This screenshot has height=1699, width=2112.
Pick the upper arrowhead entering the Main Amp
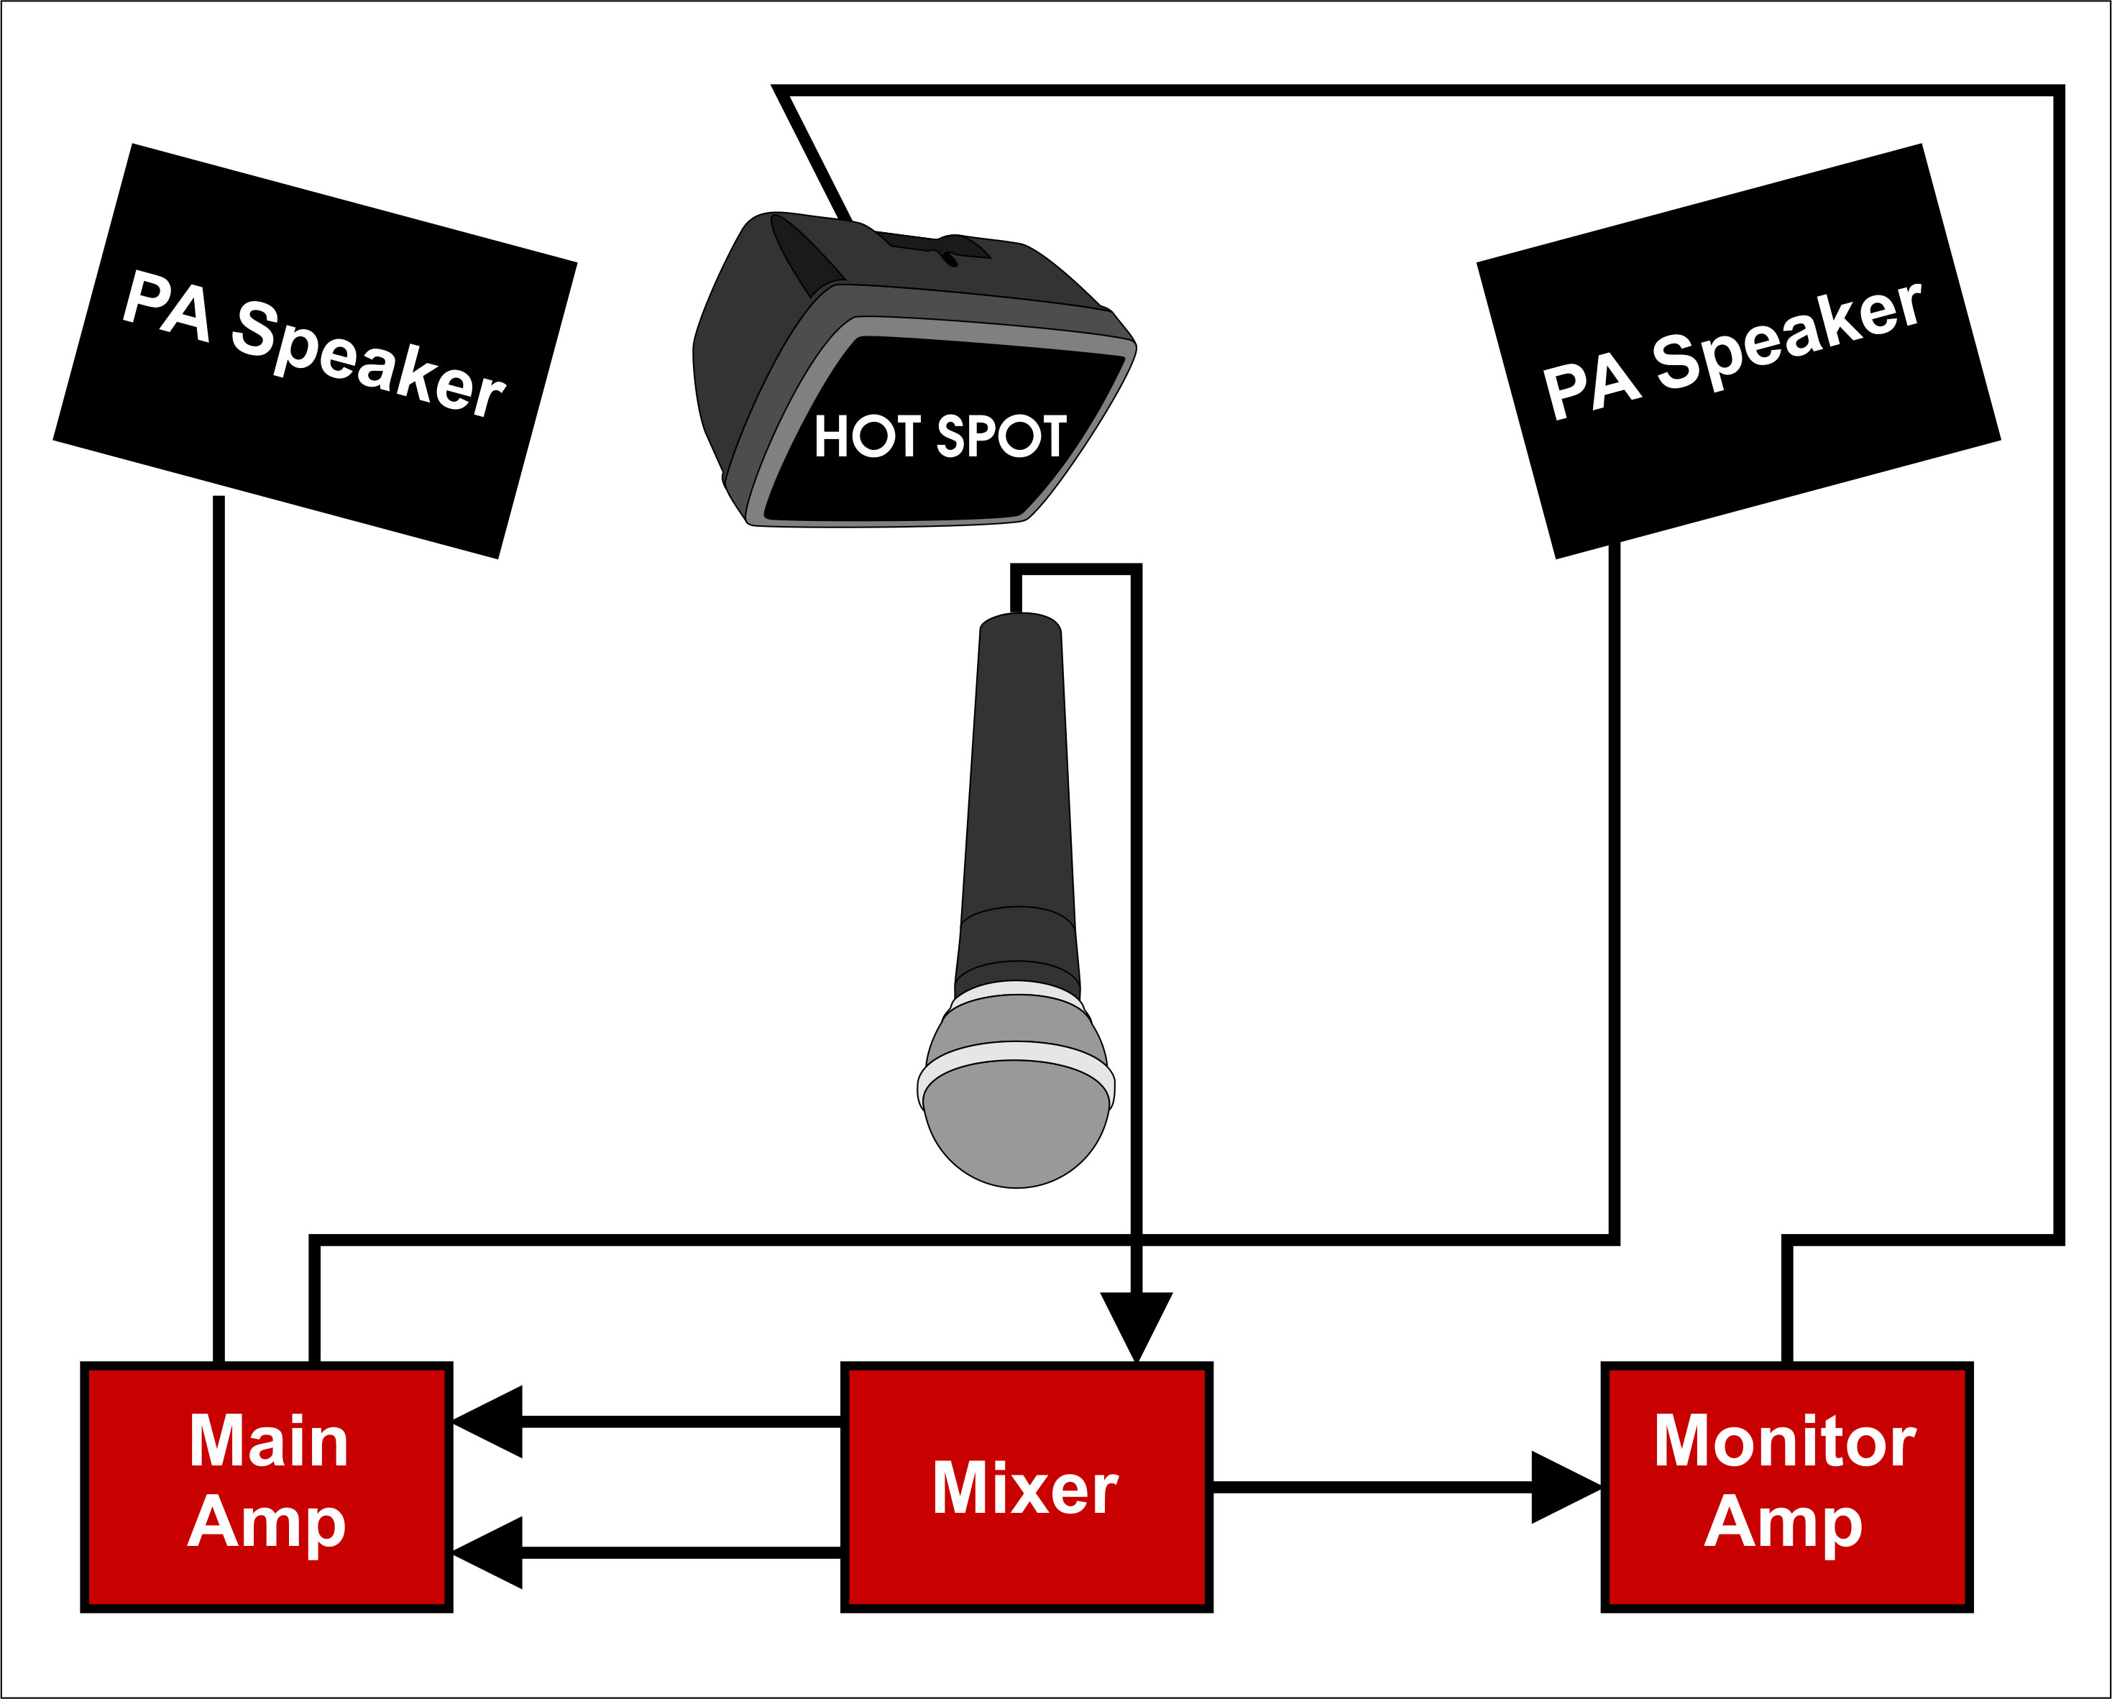click(x=490, y=1422)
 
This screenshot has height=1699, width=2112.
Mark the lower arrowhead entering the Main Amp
click(x=490, y=1552)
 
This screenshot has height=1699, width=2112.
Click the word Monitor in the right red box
click(x=1785, y=1442)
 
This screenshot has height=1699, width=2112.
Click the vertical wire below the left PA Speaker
click(x=219, y=930)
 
